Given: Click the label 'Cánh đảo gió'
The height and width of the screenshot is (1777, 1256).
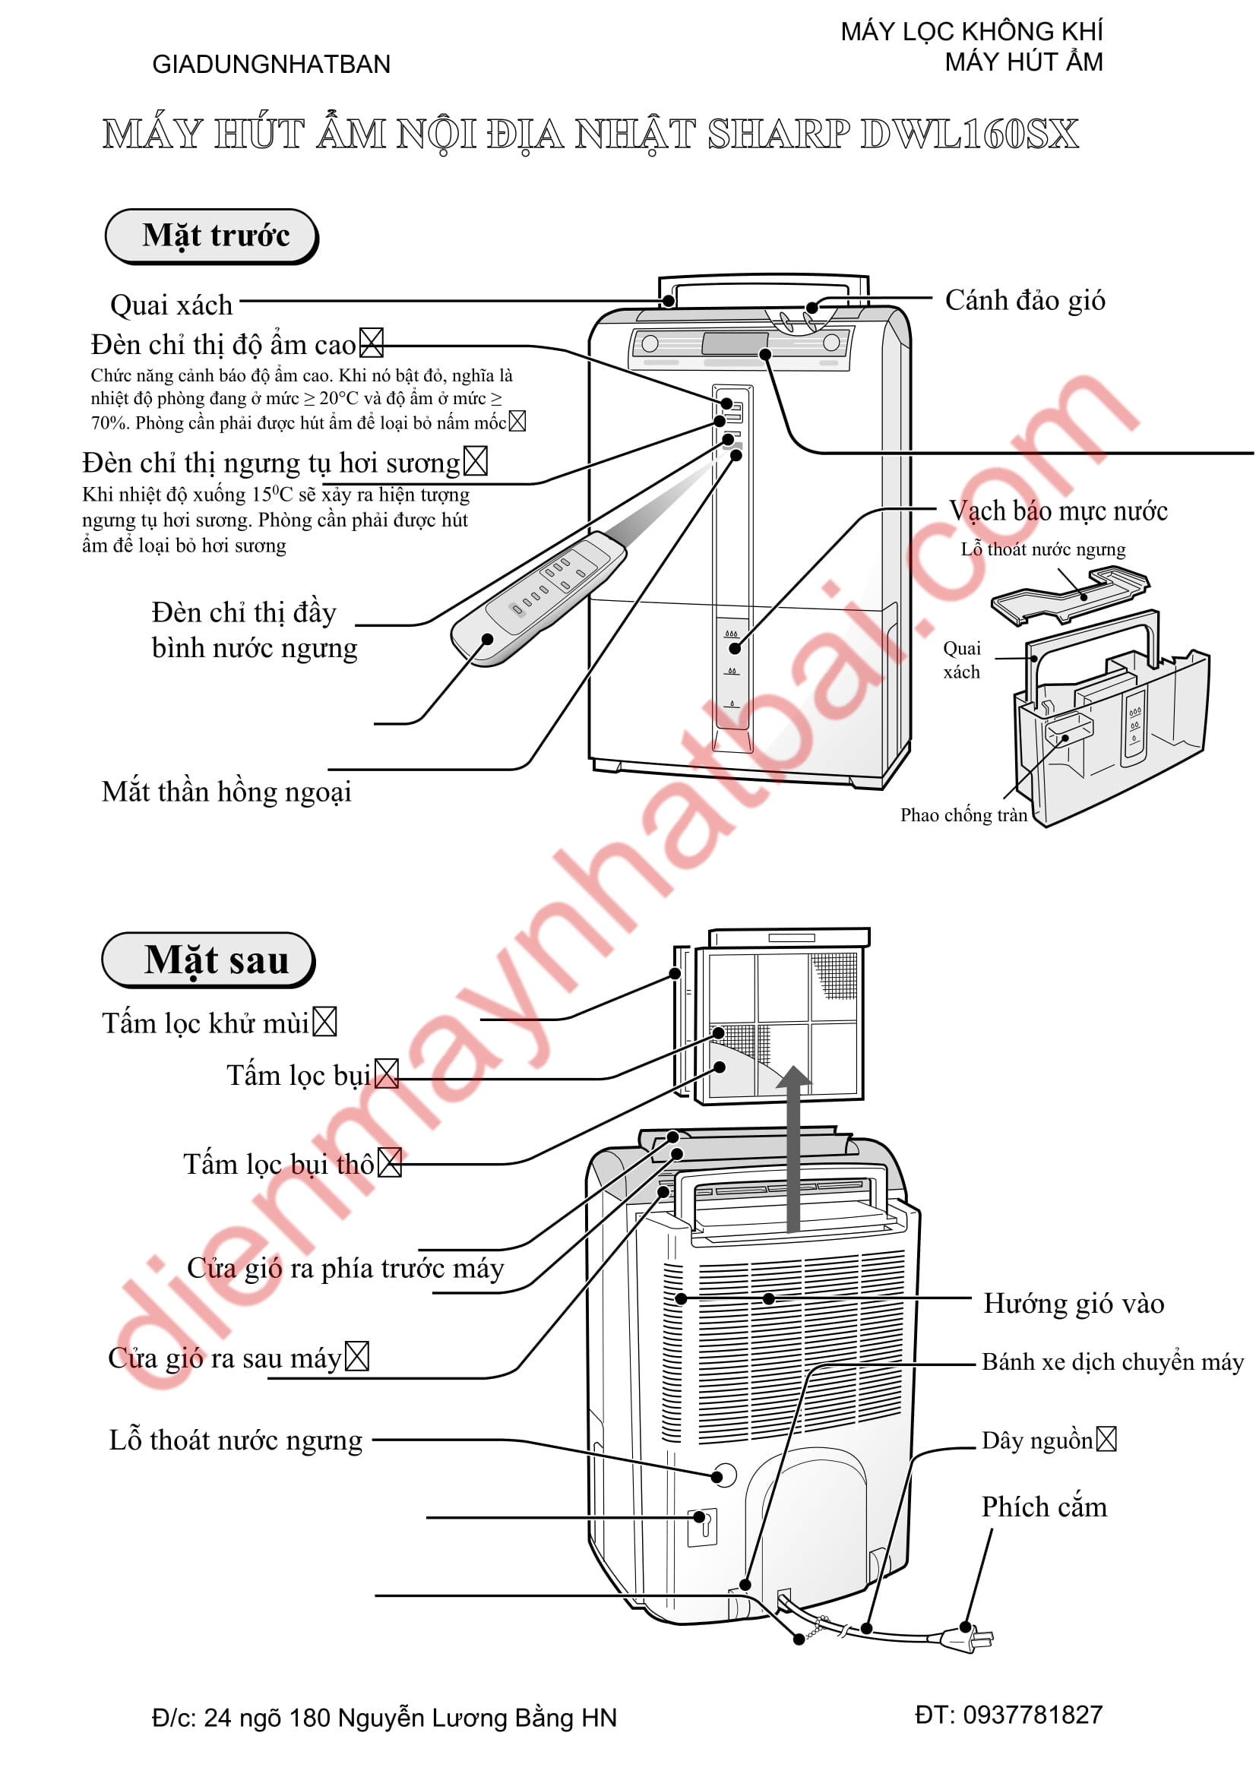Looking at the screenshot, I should tap(1024, 300).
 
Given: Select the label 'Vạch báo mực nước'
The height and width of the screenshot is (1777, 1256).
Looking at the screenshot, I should tap(1058, 511).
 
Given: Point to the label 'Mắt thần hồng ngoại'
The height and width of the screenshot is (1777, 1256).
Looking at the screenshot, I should tap(226, 792).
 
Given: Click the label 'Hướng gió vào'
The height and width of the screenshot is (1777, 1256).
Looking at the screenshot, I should tap(1074, 1304).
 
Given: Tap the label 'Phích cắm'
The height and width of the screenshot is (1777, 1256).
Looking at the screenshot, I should tap(1044, 1506).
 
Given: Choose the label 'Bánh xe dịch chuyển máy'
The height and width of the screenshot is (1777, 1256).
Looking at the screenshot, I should tap(1112, 1361).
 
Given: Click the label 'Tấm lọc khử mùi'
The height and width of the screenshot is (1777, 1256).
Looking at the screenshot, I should tap(206, 1023).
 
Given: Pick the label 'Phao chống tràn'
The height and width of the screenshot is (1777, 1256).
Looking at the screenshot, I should tap(963, 815).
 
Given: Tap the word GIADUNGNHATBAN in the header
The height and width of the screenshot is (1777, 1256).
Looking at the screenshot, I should tap(270, 65).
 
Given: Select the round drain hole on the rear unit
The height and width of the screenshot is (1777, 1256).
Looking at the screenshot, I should tap(724, 1475).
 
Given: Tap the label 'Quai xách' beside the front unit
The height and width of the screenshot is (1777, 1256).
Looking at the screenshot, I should tap(171, 305).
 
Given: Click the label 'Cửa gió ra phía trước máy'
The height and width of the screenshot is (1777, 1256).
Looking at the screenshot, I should tap(345, 1268).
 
